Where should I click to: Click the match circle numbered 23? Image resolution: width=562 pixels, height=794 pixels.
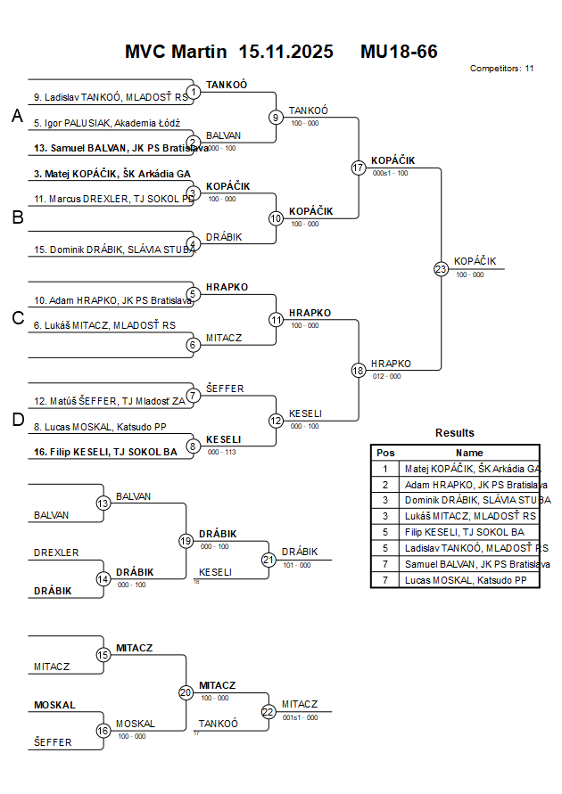tap(441, 268)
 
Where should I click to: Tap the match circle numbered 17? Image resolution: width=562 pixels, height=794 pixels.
tap(359, 168)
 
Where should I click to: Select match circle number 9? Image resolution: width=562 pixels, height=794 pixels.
tap(277, 117)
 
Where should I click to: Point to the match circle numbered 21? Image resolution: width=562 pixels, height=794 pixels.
tap(269, 560)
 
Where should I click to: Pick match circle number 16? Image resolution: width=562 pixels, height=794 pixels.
tap(103, 731)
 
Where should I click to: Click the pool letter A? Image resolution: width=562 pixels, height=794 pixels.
tap(17, 116)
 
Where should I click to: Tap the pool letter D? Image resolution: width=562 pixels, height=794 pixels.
tap(17, 421)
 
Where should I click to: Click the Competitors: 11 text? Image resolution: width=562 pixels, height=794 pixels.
tap(501, 68)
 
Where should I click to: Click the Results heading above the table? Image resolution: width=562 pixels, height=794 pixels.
tap(454, 432)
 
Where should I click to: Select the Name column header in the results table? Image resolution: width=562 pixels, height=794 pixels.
tap(469, 452)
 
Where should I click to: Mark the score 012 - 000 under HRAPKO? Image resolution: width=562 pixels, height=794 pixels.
tap(386, 376)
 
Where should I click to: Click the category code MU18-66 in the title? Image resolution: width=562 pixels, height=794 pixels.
tap(399, 52)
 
